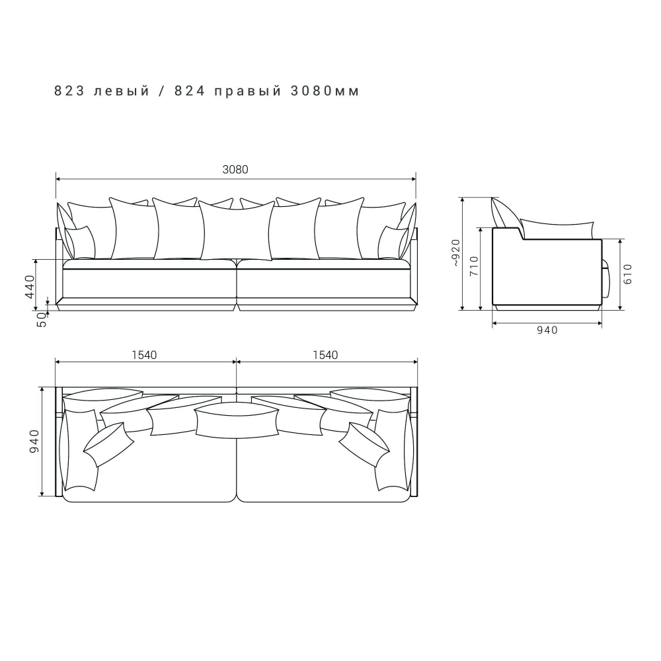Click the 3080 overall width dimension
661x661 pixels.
pos(235,169)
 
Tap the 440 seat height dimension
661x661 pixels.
pos(30,286)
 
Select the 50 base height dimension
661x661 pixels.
pos(42,320)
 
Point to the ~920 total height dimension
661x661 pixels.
pos(455,253)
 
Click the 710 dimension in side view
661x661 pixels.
pos(474,266)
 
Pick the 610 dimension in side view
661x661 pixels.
pos(628,274)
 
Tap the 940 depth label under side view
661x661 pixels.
pos(547,330)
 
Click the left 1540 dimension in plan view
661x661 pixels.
pos(144,355)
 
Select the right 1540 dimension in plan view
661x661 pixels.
pos(325,355)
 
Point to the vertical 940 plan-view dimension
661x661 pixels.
pos(34,442)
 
